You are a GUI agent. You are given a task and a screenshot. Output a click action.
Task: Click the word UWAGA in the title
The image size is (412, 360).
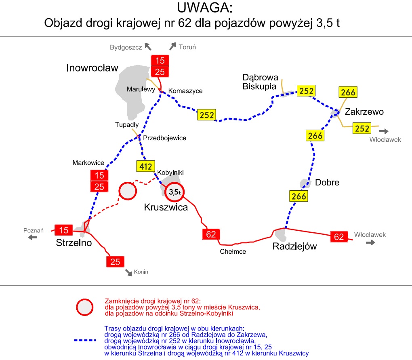pos(205,8)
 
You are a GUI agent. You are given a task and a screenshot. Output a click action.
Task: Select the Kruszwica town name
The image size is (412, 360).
pos(166,208)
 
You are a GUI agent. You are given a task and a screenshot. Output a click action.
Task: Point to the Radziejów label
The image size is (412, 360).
pos(294,246)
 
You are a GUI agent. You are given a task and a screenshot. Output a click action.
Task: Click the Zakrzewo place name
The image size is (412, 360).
pos(364,112)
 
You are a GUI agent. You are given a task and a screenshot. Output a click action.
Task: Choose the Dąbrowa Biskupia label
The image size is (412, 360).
pos(260,82)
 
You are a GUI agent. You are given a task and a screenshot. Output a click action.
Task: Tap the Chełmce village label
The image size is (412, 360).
pos(233,251)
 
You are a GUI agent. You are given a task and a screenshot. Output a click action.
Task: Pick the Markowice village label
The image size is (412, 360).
pos(88,163)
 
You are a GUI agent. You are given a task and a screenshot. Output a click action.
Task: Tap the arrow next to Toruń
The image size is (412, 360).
pos(172,46)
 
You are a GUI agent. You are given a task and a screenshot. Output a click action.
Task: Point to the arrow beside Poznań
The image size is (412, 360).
pos(32,237)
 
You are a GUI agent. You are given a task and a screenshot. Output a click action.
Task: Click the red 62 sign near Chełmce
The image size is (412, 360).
pos(211,234)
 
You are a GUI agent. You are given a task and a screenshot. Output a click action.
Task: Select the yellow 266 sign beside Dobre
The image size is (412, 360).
pos(299,196)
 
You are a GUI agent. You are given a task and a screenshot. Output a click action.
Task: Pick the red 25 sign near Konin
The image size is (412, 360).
pos(115,261)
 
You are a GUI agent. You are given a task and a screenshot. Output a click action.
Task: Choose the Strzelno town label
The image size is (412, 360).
pos(74,243)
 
